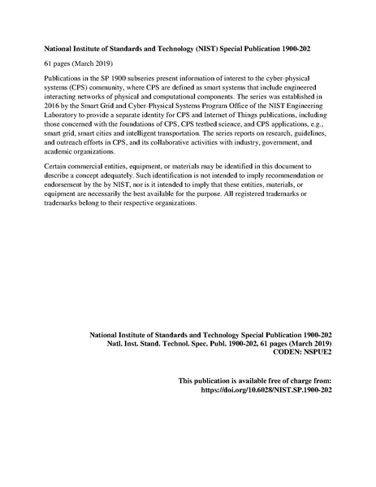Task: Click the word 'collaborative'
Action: pos(184,151)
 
